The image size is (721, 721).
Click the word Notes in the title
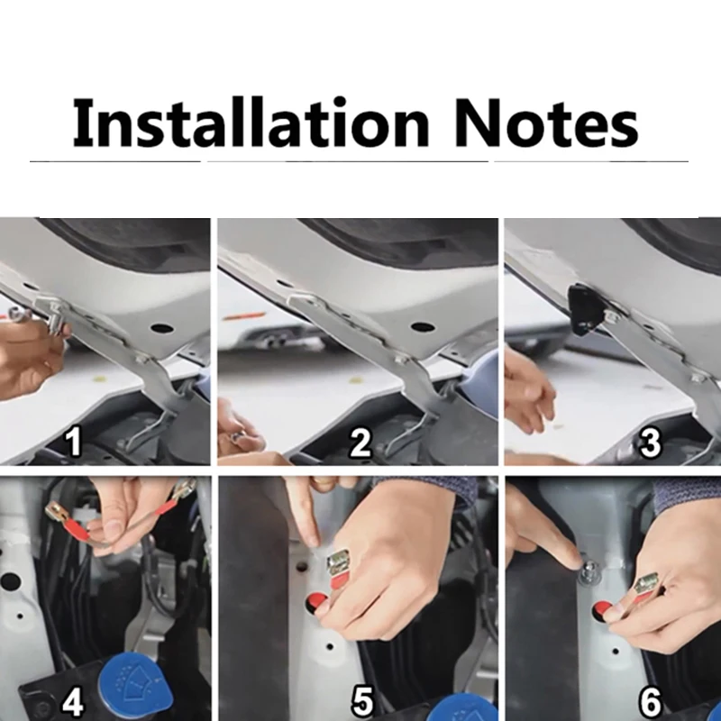click(x=546, y=123)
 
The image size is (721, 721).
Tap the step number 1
click(x=73, y=442)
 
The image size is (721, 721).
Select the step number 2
click(x=360, y=443)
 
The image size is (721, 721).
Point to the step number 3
click(x=649, y=443)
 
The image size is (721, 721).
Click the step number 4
click(x=73, y=702)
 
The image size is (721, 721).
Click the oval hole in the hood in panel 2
click(x=423, y=327)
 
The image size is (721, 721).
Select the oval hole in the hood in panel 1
click(x=161, y=328)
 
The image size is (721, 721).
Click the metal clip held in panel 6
click(x=646, y=583)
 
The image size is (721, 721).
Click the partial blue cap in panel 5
click(x=468, y=708)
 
